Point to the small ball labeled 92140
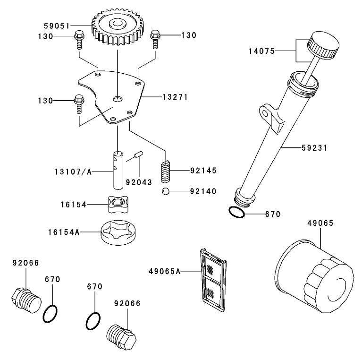click(x=164, y=191)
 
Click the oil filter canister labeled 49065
click(x=314, y=279)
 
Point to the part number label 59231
click(x=314, y=148)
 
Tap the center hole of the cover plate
click(x=117, y=99)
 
